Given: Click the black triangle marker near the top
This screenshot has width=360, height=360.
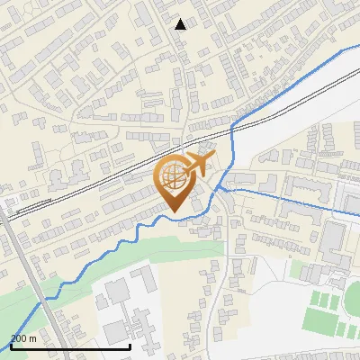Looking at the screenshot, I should pyautogui.click(x=181, y=24).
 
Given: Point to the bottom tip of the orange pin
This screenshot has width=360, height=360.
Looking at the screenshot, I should pyautogui.click(x=174, y=212).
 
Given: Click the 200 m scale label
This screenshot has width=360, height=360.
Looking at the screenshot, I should pyautogui.click(x=23, y=338).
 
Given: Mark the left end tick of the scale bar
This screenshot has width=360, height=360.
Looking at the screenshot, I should pyautogui.click(x=10, y=346).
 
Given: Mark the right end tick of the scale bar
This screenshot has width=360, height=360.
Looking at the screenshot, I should pyautogui.click(x=130, y=346).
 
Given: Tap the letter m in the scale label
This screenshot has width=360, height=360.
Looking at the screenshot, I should pyautogui.click(x=32, y=338).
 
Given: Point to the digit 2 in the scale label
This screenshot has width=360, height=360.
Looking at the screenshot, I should pyautogui.click(x=13, y=338).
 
